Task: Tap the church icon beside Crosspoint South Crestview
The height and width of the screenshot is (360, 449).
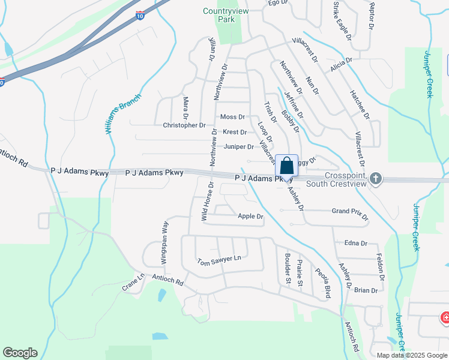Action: click(x=376, y=178)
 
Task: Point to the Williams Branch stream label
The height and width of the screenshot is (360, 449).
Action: click(x=125, y=113)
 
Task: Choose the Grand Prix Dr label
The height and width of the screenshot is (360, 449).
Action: click(x=349, y=211)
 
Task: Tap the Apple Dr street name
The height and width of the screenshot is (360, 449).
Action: click(x=250, y=216)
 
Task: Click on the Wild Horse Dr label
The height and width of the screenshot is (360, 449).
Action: click(x=205, y=203)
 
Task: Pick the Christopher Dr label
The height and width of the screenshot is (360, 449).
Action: click(x=184, y=125)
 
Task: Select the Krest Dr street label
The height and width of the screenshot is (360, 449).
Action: click(x=234, y=132)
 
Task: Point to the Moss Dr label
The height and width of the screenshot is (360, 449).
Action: click(x=233, y=117)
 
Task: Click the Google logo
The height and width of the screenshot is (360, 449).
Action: click(x=20, y=353)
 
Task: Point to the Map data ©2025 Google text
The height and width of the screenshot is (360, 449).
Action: click(x=411, y=355)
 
